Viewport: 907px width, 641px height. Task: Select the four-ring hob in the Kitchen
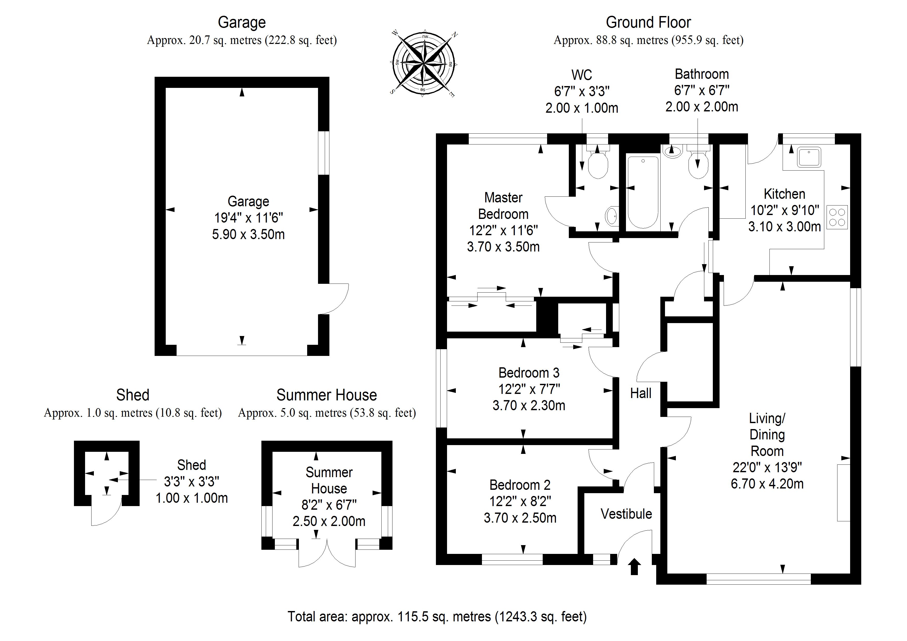tap(837, 217)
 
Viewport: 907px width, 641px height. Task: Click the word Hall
tap(640, 393)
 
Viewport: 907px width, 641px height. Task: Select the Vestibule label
tap(626, 514)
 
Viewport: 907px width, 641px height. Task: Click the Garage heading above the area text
tap(242, 22)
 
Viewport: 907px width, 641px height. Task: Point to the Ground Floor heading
tap(648, 22)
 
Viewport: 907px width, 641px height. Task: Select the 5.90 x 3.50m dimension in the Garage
tap(248, 235)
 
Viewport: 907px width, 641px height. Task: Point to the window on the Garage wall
tap(323, 153)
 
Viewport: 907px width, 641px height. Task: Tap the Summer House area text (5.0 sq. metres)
tap(327, 413)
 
